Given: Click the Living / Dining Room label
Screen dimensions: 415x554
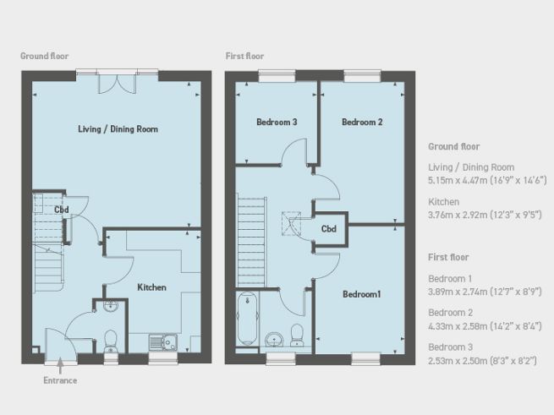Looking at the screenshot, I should [x=118, y=129].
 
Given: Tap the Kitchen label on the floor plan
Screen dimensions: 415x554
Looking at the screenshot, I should [x=152, y=287].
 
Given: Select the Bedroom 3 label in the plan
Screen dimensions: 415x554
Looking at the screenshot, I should [x=277, y=123].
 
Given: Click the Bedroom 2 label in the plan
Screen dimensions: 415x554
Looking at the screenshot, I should [x=362, y=123].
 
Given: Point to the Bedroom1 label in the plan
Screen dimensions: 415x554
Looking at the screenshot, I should [x=362, y=294].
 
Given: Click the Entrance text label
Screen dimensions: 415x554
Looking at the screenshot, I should [x=60, y=380].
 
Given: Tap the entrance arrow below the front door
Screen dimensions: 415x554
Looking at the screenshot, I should [x=60, y=365].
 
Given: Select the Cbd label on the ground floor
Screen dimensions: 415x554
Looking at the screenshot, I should [x=61, y=210].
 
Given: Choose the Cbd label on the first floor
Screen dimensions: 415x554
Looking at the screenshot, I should [x=330, y=229].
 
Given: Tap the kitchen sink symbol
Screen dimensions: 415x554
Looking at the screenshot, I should [x=162, y=342].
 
